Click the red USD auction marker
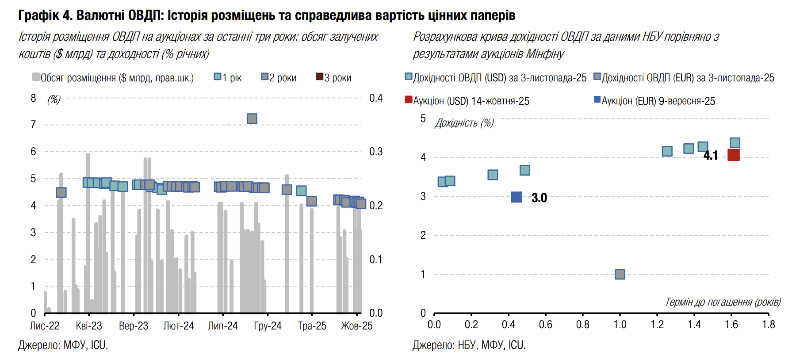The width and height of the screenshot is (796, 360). coord(733,155)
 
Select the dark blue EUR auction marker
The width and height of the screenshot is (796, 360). coord(517,197)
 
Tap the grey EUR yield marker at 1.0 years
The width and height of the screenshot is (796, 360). coord(620,274)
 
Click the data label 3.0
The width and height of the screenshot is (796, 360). coord(539,198)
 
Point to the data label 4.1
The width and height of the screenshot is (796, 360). coord(711,155)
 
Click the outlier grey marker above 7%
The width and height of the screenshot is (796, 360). coord(252,119)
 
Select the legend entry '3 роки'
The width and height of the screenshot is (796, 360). coord(334,77)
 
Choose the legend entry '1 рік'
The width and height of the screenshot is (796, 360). coord(228,77)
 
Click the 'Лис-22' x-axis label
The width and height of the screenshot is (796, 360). coord(44,326)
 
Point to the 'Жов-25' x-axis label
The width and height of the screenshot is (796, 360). coord(356,326)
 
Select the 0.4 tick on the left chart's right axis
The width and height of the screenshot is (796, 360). coord(376,98)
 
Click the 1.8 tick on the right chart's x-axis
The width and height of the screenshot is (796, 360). coord(769,325)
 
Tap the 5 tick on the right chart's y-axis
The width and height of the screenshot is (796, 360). coord(423,119)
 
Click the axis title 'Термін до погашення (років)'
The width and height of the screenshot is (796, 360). coord(723,302)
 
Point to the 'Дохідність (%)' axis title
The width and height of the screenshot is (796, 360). coord(464,123)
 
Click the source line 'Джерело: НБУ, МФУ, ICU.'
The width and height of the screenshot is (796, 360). coord(469,345)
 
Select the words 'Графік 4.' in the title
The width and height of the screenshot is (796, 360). coord(45,15)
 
